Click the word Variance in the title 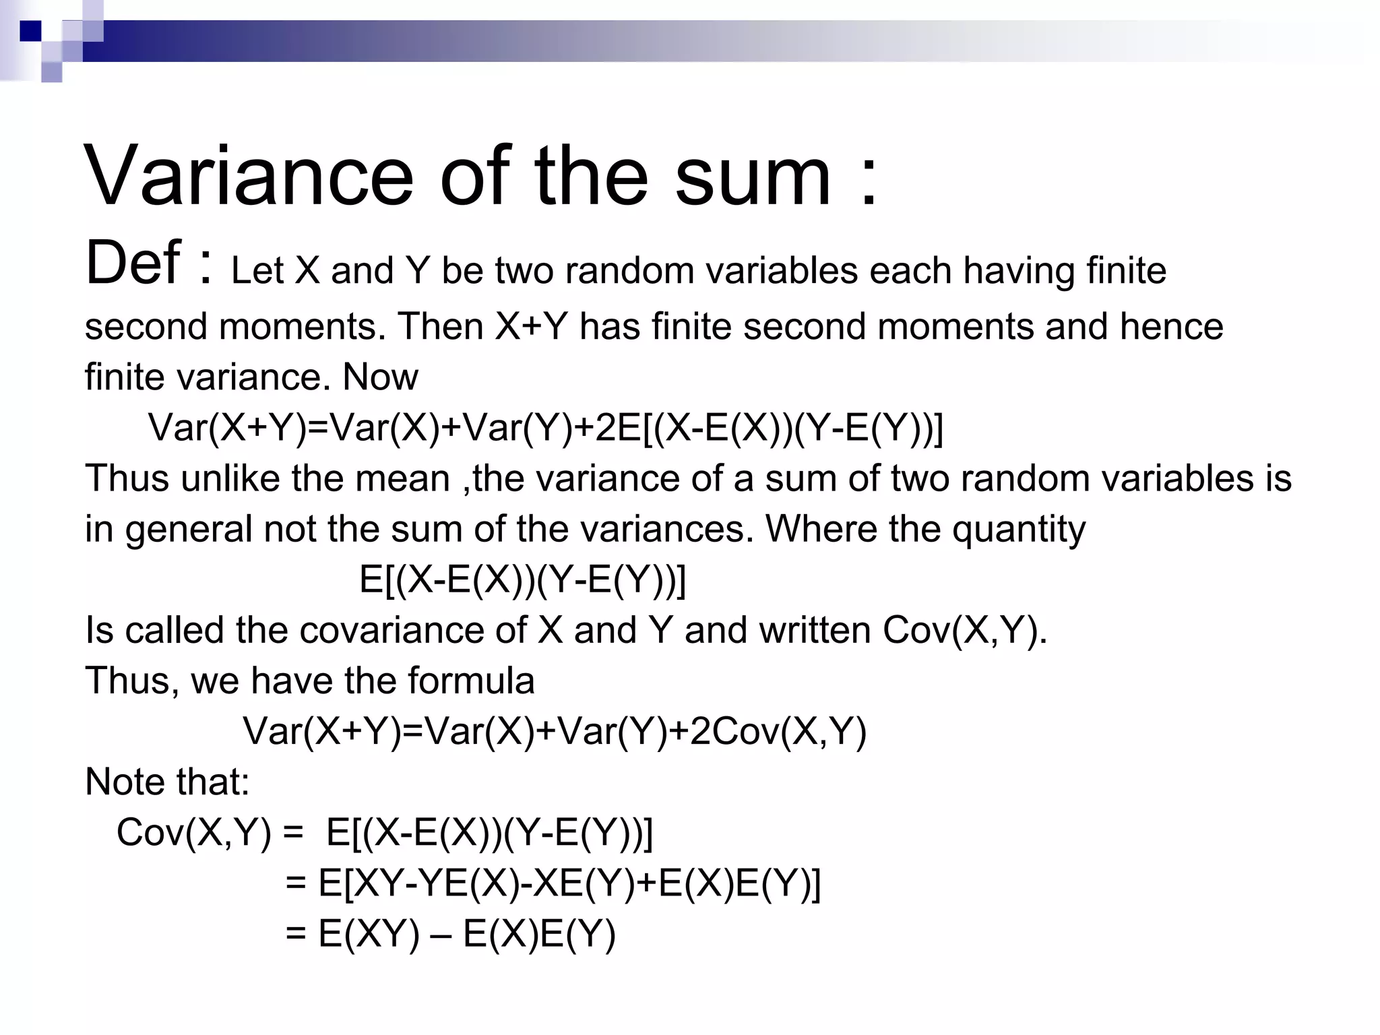(x=249, y=177)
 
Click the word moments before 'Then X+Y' (x=302, y=327)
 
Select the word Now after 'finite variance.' (x=380, y=377)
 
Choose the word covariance (x=412, y=631)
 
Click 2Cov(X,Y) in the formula (x=778, y=732)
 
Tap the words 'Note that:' (x=167, y=782)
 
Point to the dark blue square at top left (x=30, y=31)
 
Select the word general (x=187, y=530)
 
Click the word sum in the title (x=753, y=177)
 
